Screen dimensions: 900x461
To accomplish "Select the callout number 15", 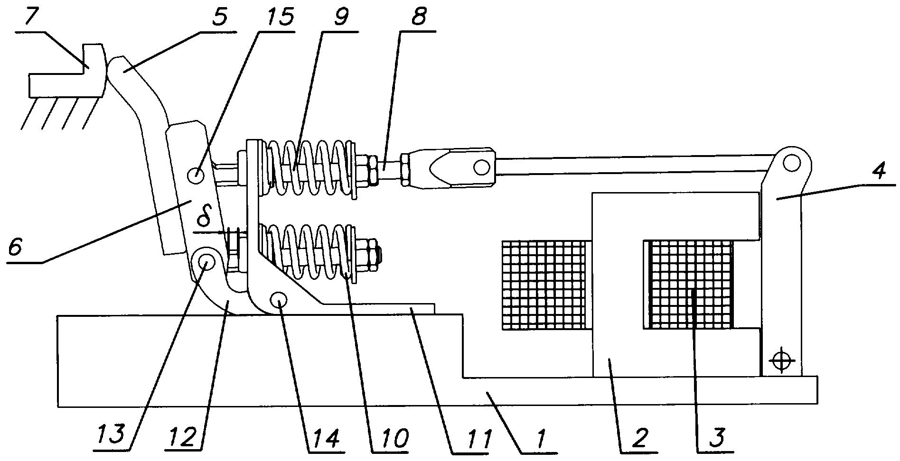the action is click(x=276, y=18).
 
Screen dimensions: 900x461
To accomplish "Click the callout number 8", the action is click(x=418, y=18).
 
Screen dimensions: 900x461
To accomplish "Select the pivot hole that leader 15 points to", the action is click(x=196, y=175).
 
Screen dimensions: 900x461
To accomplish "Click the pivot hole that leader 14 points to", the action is click(x=279, y=300).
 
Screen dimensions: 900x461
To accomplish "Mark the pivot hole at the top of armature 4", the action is click(x=791, y=164).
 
